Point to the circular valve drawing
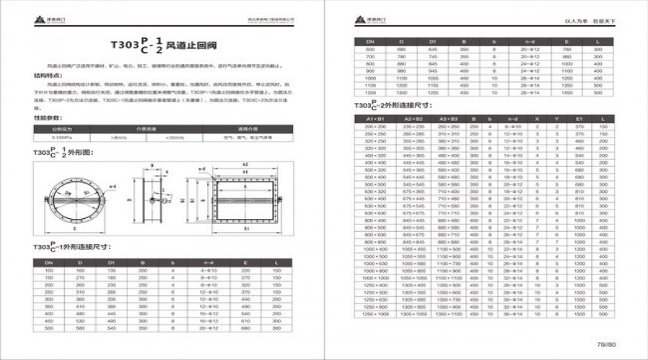coord(73,194)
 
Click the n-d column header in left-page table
coord(210,263)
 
